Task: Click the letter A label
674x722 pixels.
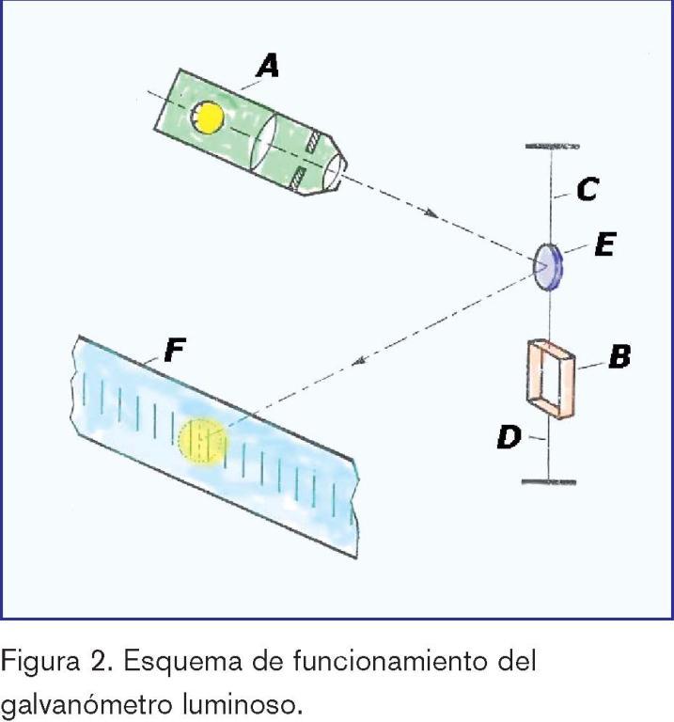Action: coord(269,65)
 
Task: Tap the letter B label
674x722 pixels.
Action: coord(618,357)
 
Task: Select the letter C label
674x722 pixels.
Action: coord(588,191)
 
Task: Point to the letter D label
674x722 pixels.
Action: coord(509,437)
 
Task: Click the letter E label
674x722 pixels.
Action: coord(604,246)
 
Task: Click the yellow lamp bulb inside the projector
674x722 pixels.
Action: coord(206,117)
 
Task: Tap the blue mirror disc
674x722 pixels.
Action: coord(547,266)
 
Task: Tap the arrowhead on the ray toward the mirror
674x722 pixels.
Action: coord(432,215)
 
